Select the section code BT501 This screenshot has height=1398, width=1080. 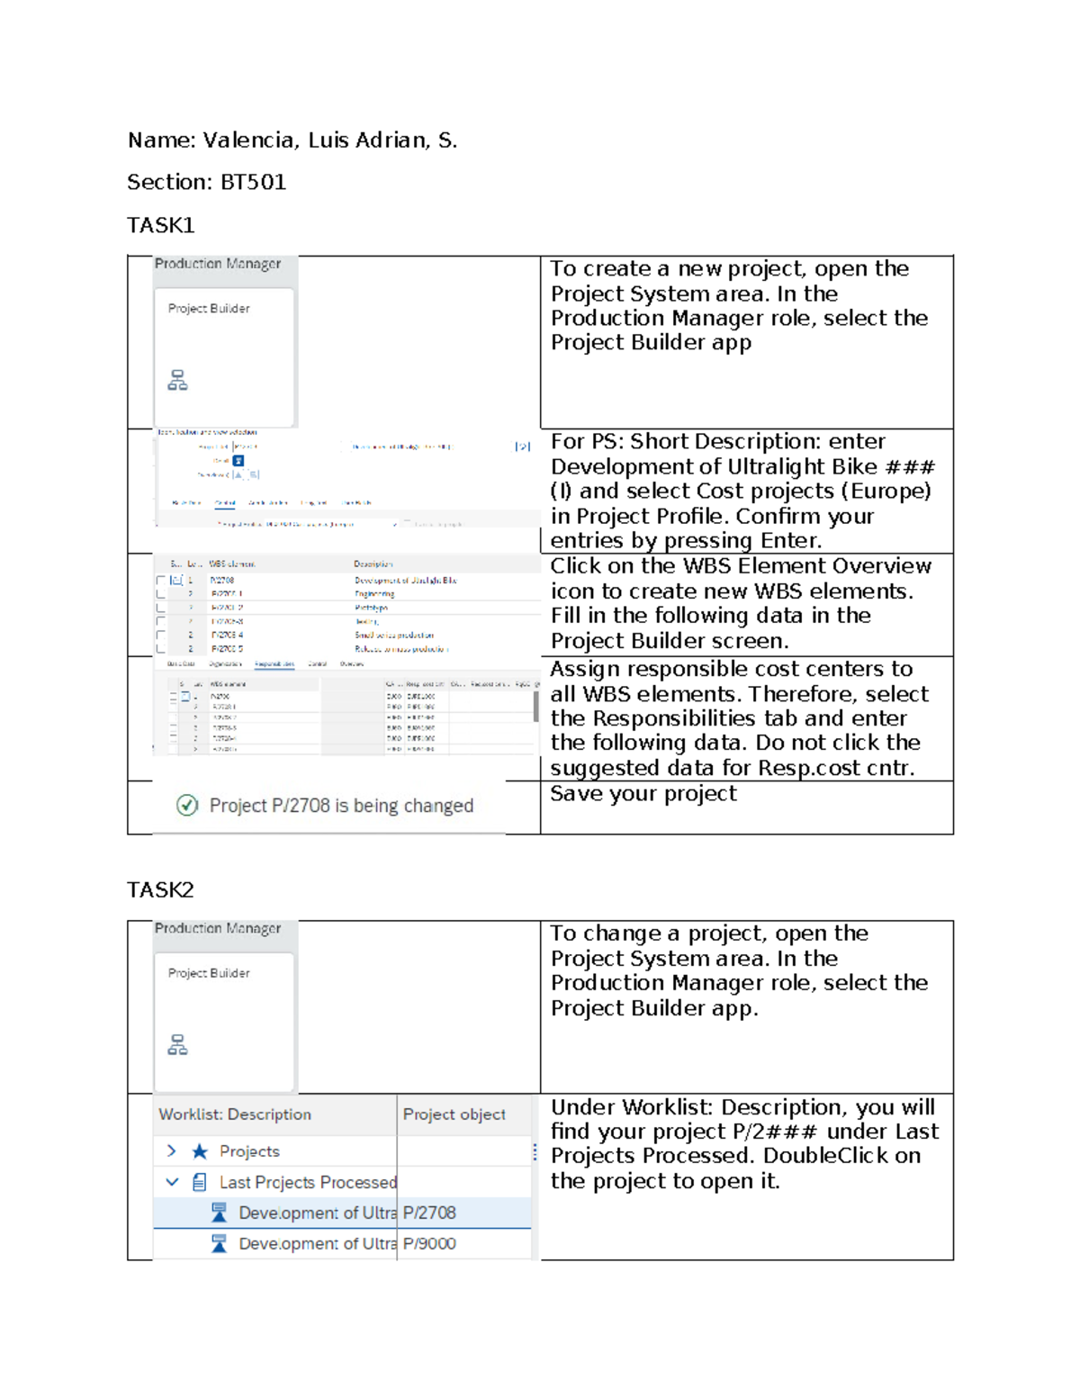click(x=253, y=183)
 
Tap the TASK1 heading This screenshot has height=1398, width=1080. click(x=161, y=225)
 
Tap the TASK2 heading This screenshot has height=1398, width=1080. click(x=161, y=890)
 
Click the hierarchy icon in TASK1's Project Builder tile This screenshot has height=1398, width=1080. click(x=177, y=381)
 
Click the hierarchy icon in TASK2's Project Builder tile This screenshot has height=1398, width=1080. click(x=177, y=1045)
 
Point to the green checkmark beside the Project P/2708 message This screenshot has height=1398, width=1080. click(x=187, y=806)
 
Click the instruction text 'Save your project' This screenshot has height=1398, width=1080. click(x=643, y=794)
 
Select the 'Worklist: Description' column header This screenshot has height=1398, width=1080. click(x=235, y=1114)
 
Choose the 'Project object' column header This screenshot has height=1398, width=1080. click(x=454, y=1114)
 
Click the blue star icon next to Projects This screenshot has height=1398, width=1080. click(x=200, y=1151)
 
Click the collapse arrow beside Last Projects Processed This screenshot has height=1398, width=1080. click(x=172, y=1182)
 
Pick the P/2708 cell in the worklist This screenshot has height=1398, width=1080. click(x=429, y=1213)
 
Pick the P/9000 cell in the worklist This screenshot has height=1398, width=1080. click(x=429, y=1244)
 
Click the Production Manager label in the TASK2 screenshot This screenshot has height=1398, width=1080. click(x=218, y=928)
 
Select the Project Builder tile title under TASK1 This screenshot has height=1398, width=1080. click(x=209, y=309)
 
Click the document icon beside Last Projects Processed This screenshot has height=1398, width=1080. click(x=200, y=1183)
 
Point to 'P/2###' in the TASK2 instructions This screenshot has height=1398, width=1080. click(x=775, y=1132)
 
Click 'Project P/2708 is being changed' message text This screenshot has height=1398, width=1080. click(x=341, y=806)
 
